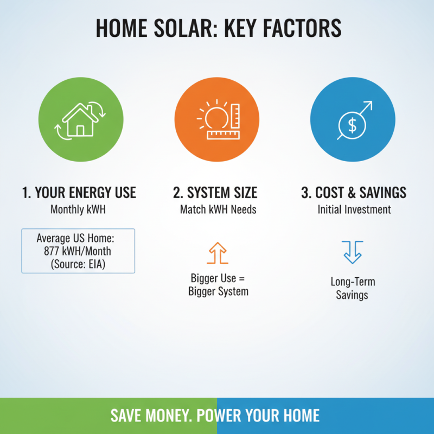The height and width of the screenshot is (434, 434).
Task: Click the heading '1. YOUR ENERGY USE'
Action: point(79,193)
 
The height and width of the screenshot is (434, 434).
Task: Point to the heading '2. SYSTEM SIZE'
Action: point(215,193)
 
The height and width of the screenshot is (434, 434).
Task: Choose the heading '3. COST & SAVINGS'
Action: point(354,193)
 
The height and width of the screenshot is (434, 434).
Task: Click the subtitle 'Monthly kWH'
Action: point(78,209)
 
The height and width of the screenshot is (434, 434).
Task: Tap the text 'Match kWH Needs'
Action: point(215,209)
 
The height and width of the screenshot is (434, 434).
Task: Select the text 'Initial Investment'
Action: point(354,209)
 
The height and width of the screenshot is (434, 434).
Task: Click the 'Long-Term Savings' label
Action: point(353,289)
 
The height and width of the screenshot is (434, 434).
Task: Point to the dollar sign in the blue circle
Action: point(352,126)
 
